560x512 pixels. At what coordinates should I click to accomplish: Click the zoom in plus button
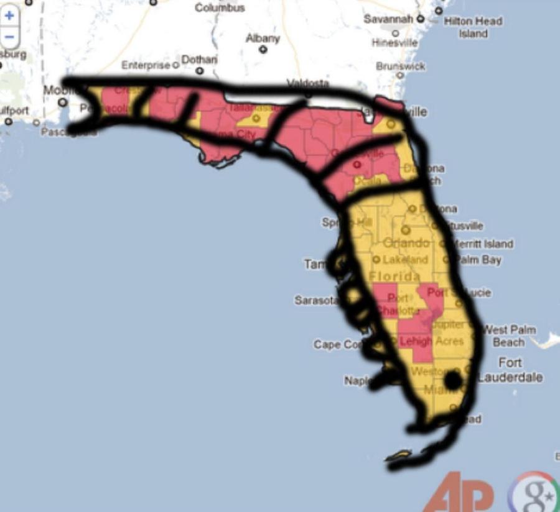click(x=9, y=16)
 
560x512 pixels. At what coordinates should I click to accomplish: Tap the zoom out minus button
click(x=9, y=37)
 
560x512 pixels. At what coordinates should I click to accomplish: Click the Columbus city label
click(x=220, y=7)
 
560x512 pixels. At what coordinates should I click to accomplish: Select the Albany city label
click(x=263, y=39)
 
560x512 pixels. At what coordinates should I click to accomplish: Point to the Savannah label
click(x=388, y=19)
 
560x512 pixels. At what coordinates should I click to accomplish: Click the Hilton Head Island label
click(x=473, y=27)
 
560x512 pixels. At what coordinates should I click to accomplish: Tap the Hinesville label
click(x=394, y=43)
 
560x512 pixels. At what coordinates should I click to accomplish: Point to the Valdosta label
click(x=307, y=83)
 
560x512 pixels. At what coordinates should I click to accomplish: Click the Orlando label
click(x=406, y=242)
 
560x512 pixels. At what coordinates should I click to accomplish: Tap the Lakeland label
click(x=405, y=259)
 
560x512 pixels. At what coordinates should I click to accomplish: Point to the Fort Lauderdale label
click(x=510, y=370)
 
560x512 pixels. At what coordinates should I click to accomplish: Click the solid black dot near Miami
click(x=453, y=379)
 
